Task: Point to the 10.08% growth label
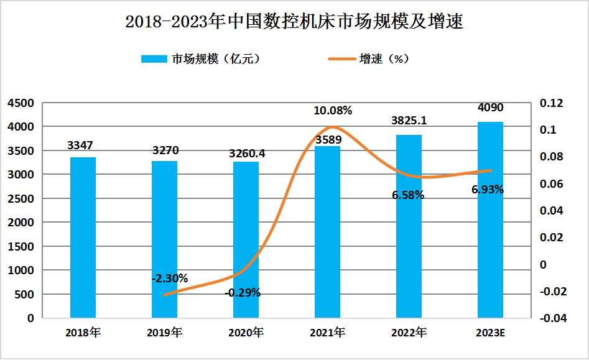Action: click(333, 111)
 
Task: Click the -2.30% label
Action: click(169, 278)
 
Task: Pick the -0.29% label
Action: click(242, 292)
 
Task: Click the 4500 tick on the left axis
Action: click(21, 103)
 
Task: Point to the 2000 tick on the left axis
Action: click(21, 223)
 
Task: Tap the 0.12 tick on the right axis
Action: click(551, 103)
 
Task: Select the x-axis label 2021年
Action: click(327, 333)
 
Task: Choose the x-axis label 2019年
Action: click(164, 333)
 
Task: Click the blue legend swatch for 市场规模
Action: click(154, 59)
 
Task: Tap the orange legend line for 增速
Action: click(341, 59)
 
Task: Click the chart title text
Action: click(294, 22)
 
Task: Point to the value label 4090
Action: click(490, 108)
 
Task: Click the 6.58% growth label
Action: click(408, 195)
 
